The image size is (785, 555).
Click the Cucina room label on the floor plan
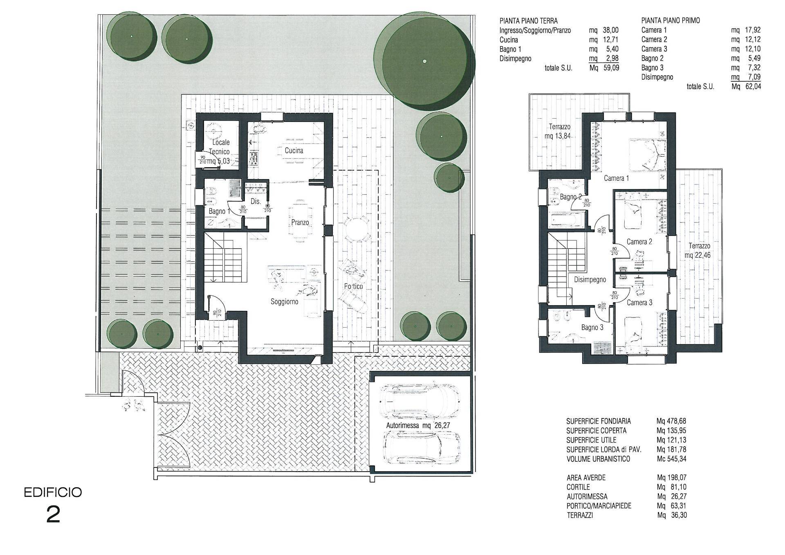pos(294,151)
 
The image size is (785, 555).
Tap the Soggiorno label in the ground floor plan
pos(285,302)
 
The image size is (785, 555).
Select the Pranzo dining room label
pos(300,222)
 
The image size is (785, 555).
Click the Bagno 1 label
pos(217,211)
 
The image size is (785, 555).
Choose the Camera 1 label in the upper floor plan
pos(616,178)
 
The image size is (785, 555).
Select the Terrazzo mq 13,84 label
pos(560,131)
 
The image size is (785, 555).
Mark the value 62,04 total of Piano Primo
pos(752,86)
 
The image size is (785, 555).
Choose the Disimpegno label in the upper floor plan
pos(590,280)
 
